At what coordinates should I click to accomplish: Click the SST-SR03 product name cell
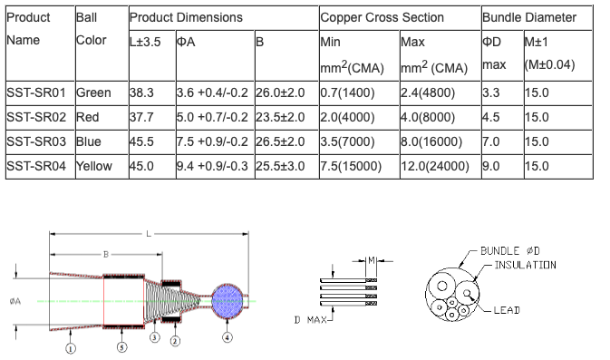pyautogui.click(x=36, y=141)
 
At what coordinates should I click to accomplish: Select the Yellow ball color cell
pyautogui.click(x=94, y=166)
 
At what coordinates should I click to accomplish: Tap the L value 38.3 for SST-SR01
pyautogui.click(x=141, y=93)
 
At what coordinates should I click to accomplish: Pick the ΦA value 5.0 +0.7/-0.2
pyautogui.click(x=212, y=117)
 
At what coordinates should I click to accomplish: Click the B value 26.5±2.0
pyautogui.click(x=280, y=141)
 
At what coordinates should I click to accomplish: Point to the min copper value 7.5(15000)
pyautogui.click(x=351, y=166)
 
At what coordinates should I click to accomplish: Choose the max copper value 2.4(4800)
pyautogui.click(x=428, y=93)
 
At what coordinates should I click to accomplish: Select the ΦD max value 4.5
pyautogui.click(x=491, y=117)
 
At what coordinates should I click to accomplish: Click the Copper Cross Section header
pyautogui.click(x=382, y=17)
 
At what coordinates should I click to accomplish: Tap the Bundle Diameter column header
pyautogui.click(x=529, y=17)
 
